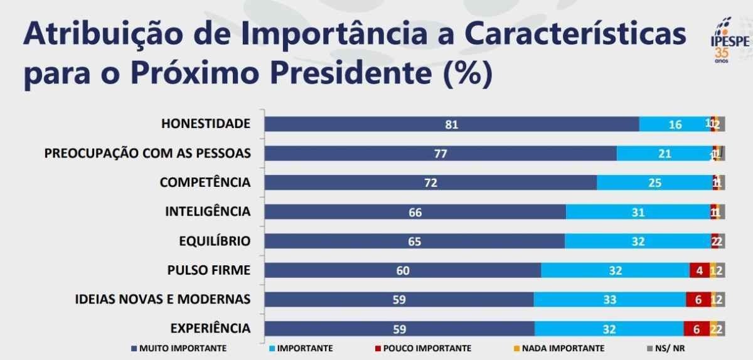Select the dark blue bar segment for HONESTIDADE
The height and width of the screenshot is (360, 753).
click(x=452, y=124)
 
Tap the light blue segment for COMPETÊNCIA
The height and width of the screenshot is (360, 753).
click(x=654, y=183)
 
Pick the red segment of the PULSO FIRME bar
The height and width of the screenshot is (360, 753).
click(x=699, y=270)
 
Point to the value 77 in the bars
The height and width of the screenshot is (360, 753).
click(x=441, y=154)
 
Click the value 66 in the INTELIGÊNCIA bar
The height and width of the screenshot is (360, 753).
click(x=415, y=212)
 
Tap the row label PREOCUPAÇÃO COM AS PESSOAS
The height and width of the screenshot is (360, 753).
click(x=147, y=153)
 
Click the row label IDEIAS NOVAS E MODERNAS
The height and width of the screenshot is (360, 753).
click(x=163, y=299)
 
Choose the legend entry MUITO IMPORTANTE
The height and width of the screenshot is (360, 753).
click(x=178, y=348)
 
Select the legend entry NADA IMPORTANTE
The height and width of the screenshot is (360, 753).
click(x=562, y=348)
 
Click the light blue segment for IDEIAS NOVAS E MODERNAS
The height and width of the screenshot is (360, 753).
click(x=609, y=300)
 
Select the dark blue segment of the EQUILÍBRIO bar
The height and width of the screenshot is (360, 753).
click(x=414, y=241)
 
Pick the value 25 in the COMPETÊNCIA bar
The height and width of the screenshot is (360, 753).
click(x=654, y=183)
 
